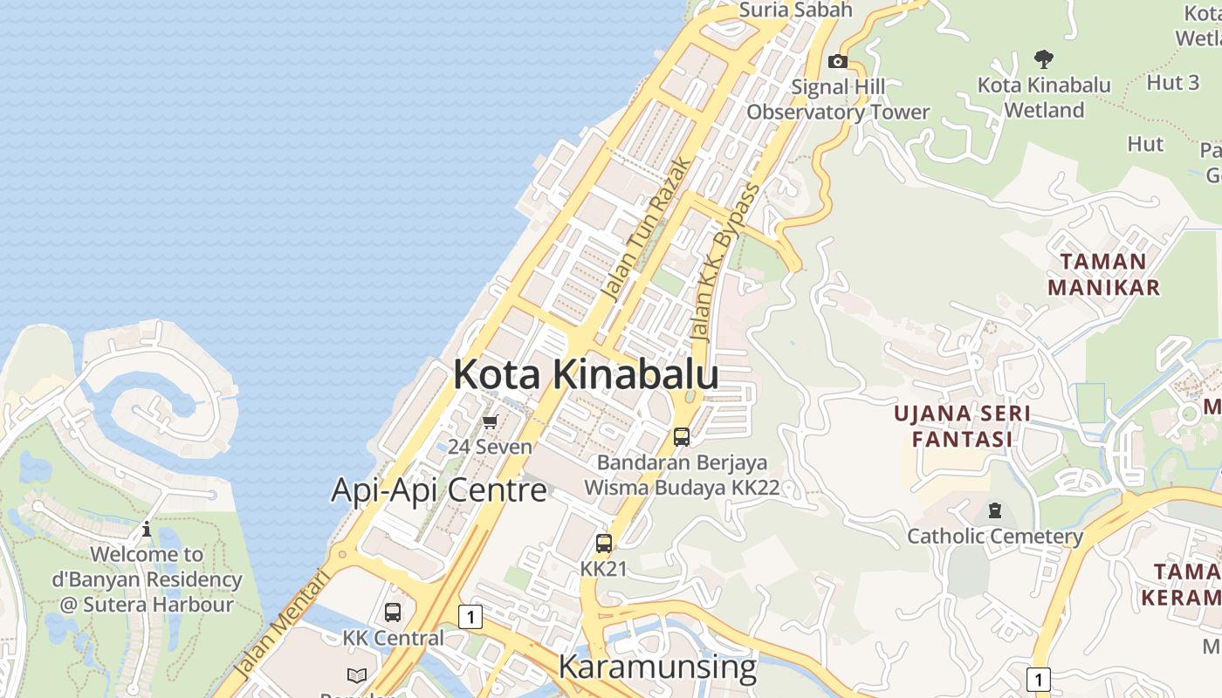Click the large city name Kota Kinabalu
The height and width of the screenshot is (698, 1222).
click(x=586, y=374)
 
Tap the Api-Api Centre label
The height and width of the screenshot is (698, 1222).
click(x=438, y=490)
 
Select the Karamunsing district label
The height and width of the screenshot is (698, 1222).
click(x=657, y=667)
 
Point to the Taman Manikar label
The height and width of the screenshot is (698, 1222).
click(x=1103, y=274)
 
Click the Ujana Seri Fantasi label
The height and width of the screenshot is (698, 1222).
click(x=962, y=426)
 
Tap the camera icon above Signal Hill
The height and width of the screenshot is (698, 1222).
click(x=837, y=61)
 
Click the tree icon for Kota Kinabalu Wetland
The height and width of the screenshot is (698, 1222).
click(x=1043, y=59)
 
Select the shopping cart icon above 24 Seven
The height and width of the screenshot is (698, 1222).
click(x=490, y=422)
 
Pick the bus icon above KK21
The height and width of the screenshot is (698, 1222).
click(x=603, y=544)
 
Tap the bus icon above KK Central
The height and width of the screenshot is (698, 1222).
click(x=393, y=612)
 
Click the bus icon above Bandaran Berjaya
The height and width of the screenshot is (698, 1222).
click(x=682, y=437)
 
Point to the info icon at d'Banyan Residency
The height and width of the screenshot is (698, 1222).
click(x=147, y=529)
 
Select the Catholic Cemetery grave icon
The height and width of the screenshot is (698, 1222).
click(x=994, y=510)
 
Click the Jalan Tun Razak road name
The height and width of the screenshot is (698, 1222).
click(x=647, y=229)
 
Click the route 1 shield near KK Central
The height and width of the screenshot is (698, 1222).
click(x=470, y=617)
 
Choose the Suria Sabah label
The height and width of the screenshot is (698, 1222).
click(x=783, y=10)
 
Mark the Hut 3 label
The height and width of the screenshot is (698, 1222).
click(x=1172, y=83)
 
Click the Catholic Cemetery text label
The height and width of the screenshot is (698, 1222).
click(x=995, y=536)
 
